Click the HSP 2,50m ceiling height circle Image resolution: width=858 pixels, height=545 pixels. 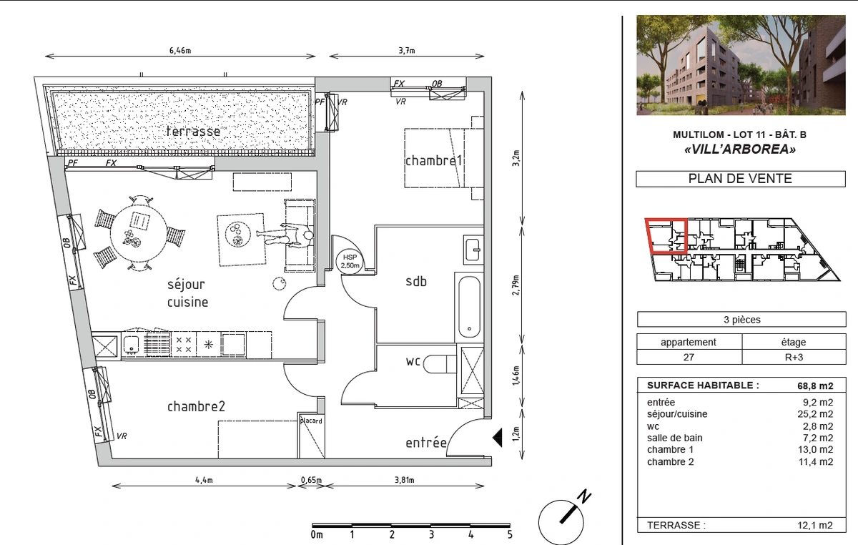[350, 262]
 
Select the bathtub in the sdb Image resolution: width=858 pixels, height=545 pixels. [469, 307]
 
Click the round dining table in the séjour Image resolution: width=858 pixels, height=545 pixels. [139, 233]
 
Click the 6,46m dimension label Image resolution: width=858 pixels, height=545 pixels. [180, 50]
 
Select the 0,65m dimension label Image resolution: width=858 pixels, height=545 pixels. [311, 480]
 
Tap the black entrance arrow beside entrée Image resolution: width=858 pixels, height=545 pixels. [497, 438]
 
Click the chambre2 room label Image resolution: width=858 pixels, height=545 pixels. [196, 406]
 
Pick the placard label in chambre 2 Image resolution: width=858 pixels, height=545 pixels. [311, 421]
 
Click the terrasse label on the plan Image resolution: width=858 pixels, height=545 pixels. [194, 132]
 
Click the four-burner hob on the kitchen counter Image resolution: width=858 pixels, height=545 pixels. [184, 345]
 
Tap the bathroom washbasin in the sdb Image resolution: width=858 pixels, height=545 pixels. [473, 250]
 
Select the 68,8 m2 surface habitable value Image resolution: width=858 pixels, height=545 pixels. [815, 386]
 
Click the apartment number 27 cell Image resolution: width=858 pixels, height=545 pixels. [689, 357]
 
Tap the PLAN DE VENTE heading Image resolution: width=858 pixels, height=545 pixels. [740, 179]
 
